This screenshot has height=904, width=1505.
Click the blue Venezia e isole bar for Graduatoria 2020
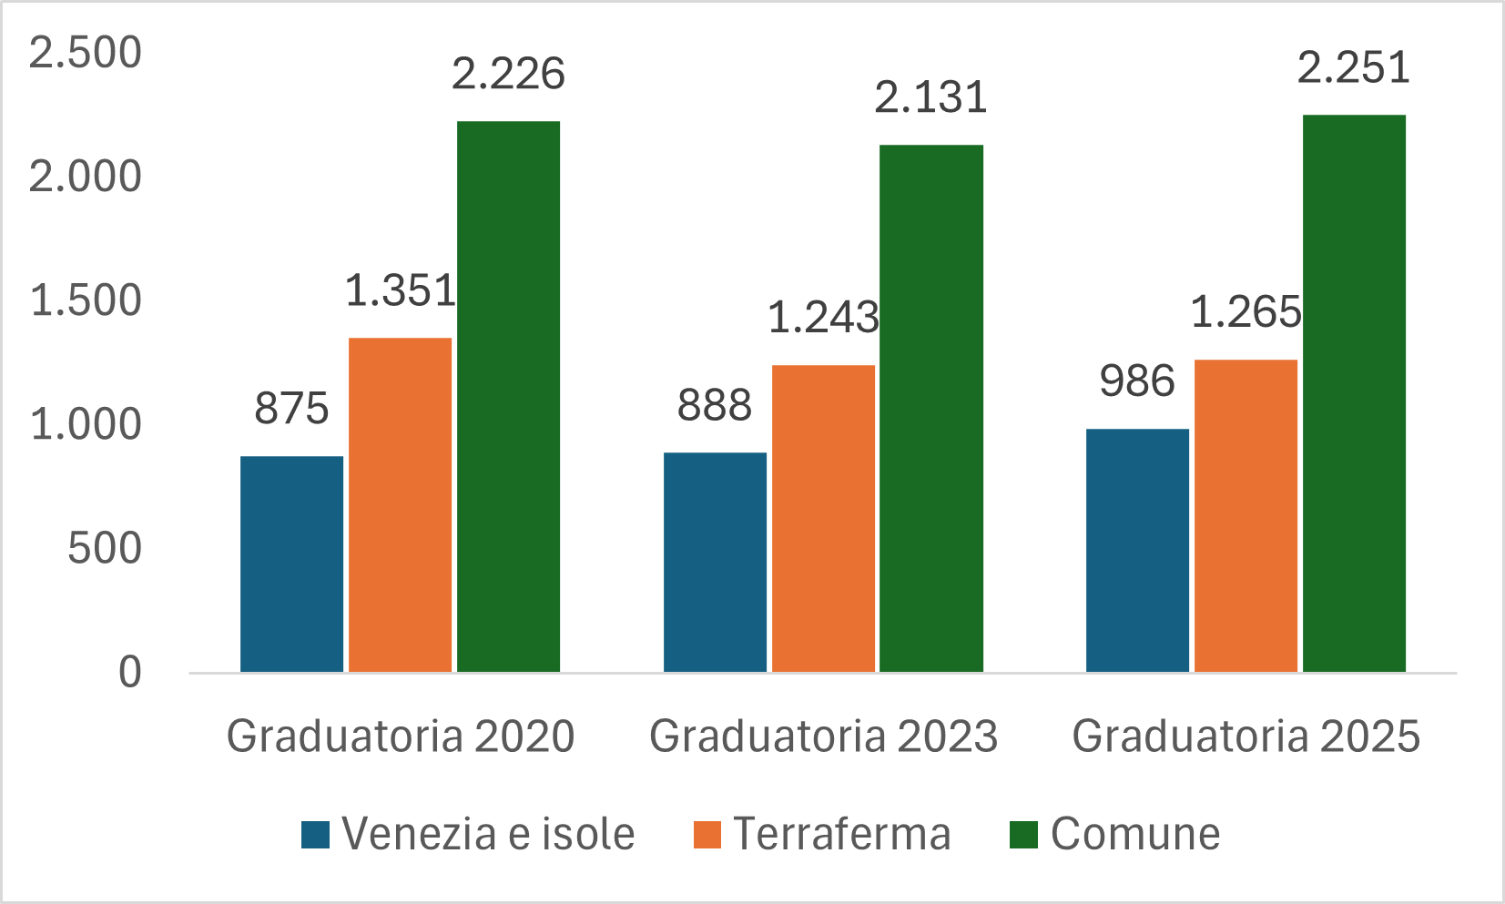(x=291, y=564)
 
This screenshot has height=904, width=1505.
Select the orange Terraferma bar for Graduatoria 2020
(x=400, y=505)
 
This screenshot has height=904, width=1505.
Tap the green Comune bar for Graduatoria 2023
(x=930, y=409)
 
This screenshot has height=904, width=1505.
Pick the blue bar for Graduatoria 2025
(x=1137, y=551)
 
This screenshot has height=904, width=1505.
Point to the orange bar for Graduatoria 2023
(x=823, y=519)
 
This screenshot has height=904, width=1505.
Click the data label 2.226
(x=508, y=74)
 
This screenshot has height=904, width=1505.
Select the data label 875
(x=291, y=408)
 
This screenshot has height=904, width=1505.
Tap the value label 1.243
(x=823, y=318)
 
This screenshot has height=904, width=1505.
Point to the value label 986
(x=1137, y=381)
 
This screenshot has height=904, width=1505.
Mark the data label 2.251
(x=1353, y=67)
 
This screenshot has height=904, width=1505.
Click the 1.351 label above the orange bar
(x=400, y=291)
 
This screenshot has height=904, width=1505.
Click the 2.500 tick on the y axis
(x=86, y=53)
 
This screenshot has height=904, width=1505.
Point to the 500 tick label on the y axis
(x=105, y=548)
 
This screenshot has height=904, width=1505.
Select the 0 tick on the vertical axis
(x=130, y=672)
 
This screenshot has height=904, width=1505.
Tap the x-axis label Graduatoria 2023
(x=823, y=736)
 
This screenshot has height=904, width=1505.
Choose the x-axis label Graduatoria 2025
(x=1246, y=736)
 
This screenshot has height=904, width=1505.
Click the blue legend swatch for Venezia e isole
(x=315, y=835)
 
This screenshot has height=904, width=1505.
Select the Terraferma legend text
(x=842, y=834)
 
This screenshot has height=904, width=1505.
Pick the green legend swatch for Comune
(x=1024, y=835)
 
